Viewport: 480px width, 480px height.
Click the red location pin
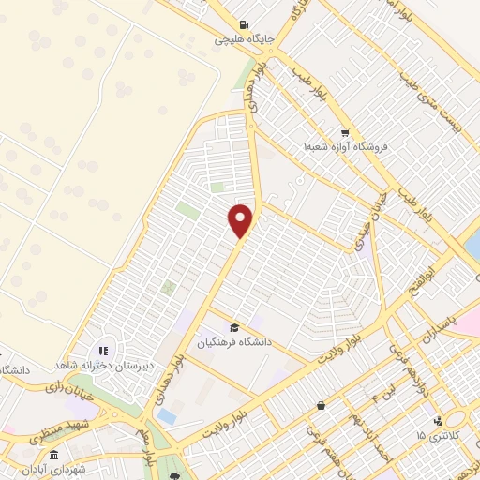click(241, 219)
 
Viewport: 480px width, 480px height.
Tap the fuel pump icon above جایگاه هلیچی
click(244, 25)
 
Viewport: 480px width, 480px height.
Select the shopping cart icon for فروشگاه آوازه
click(345, 132)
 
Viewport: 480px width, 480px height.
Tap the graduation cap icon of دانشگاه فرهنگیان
click(233, 327)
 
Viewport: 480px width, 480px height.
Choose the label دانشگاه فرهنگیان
click(233, 342)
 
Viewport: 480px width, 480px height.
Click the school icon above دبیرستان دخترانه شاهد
click(103, 350)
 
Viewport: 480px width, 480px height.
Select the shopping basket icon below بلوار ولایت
click(322, 406)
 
